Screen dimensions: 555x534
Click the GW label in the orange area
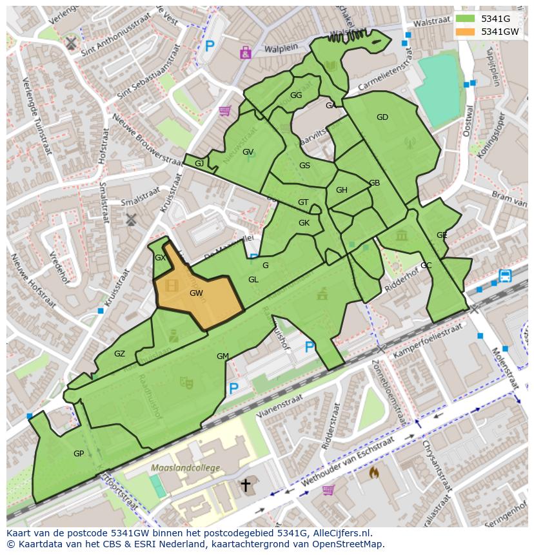coord(197,293)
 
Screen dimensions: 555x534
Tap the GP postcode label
coord(79,454)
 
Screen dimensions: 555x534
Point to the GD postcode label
coord(382,117)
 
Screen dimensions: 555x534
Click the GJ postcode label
coord(199,164)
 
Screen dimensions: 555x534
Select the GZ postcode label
coord(119,354)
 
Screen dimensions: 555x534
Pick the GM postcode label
coord(222,356)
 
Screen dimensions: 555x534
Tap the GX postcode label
coord(161,258)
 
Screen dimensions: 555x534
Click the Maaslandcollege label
coord(185,467)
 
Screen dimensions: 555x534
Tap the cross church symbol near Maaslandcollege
coord(245,485)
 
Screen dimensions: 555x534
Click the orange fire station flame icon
coord(373,472)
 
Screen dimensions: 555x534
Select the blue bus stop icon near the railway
coord(505,277)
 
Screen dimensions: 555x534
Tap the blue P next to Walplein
coord(210,46)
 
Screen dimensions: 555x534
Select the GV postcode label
coord(248,152)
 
